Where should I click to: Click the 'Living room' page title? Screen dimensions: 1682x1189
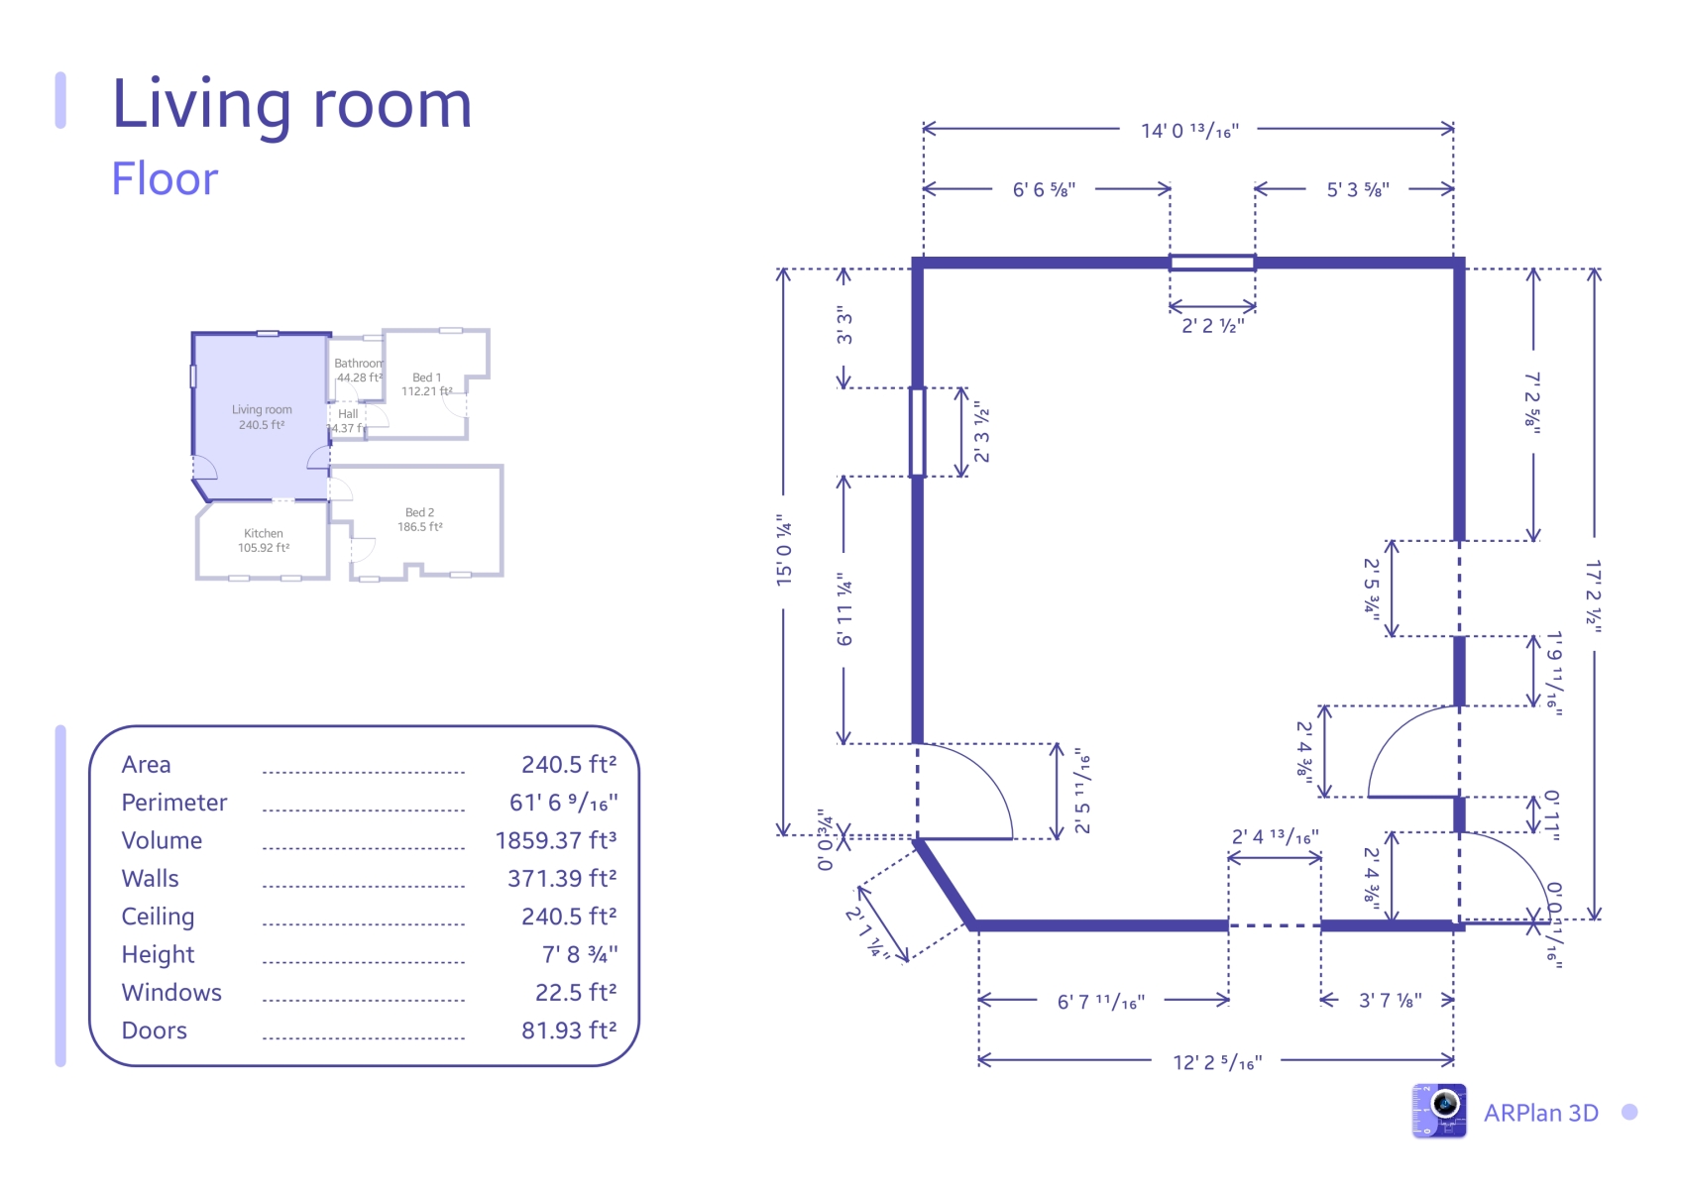(291, 106)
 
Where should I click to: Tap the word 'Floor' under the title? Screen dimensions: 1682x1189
(165, 178)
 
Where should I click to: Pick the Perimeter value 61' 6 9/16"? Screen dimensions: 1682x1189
(563, 803)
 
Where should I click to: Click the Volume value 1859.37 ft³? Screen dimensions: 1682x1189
(556, 840)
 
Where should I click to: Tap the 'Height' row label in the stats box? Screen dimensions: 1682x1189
(158, 954)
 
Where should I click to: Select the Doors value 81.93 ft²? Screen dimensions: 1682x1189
(569, 1029)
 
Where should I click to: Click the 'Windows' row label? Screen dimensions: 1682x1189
(171, 993)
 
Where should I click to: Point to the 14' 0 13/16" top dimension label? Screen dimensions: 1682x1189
(1189, 131)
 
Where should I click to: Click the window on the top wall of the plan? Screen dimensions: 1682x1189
(1212, 263)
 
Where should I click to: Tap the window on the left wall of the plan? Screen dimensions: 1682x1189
(917, 432)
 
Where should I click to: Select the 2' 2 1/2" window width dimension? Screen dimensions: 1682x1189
(1213, 325)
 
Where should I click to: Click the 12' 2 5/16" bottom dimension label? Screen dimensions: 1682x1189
(1217, 1062)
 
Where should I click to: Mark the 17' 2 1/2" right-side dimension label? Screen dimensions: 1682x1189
(1594, 596)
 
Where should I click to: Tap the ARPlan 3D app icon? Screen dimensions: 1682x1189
(1439, 1111)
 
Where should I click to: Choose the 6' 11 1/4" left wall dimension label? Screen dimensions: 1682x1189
(844, 608)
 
